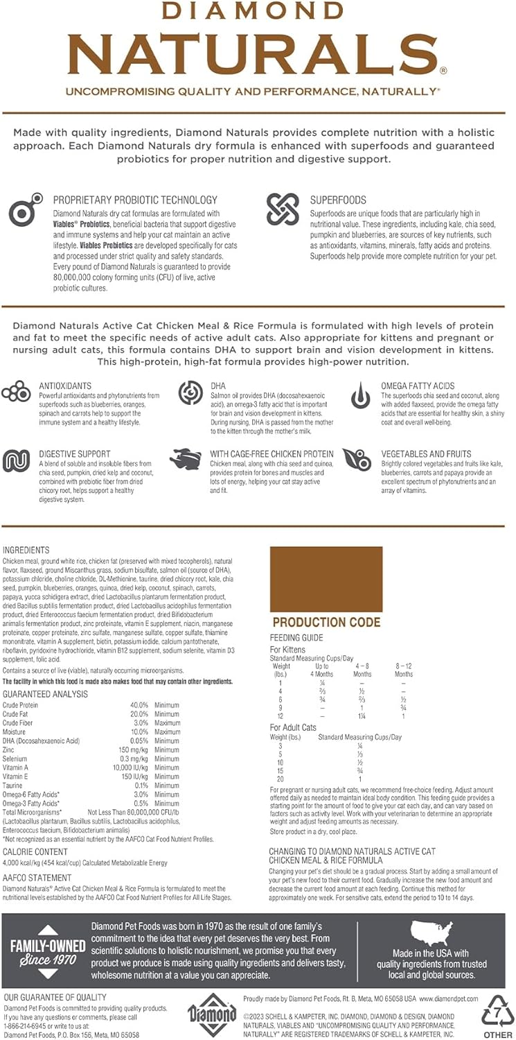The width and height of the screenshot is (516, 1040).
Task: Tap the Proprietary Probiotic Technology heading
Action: click(x=135, y=200)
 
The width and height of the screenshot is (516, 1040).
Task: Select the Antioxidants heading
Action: click(x=66, y=385)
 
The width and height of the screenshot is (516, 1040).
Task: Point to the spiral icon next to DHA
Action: click(x=190, y=393)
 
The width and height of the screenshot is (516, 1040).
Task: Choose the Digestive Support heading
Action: click(x=74, y=453)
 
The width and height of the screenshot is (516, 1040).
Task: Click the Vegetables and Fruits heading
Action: click(x=426, y=453)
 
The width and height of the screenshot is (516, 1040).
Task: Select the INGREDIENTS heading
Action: click(x=26, y=550)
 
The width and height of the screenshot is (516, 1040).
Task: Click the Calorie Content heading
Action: click(x=35, y=851)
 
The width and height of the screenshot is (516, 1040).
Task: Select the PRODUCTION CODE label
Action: click(x=326, y=622)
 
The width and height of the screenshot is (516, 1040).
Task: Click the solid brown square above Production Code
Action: click(x=326, y=579)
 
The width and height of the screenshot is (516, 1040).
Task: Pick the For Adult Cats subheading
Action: click(x=293, y=727)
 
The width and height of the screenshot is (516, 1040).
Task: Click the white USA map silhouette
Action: click(x=432, y=933)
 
